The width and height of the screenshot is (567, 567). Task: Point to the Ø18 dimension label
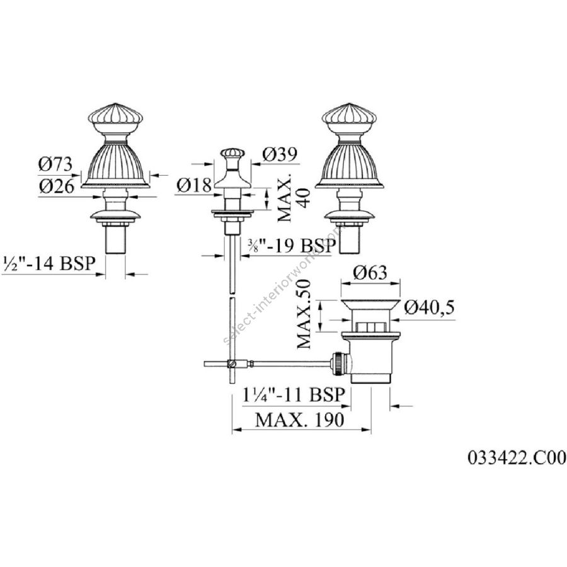point(193,185)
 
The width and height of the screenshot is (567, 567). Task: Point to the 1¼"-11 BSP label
point(294,396)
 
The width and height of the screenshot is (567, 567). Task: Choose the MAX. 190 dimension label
point(300,420)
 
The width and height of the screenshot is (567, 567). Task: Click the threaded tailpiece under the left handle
point(115,240)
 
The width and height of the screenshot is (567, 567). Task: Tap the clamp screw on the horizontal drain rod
point(235,364)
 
